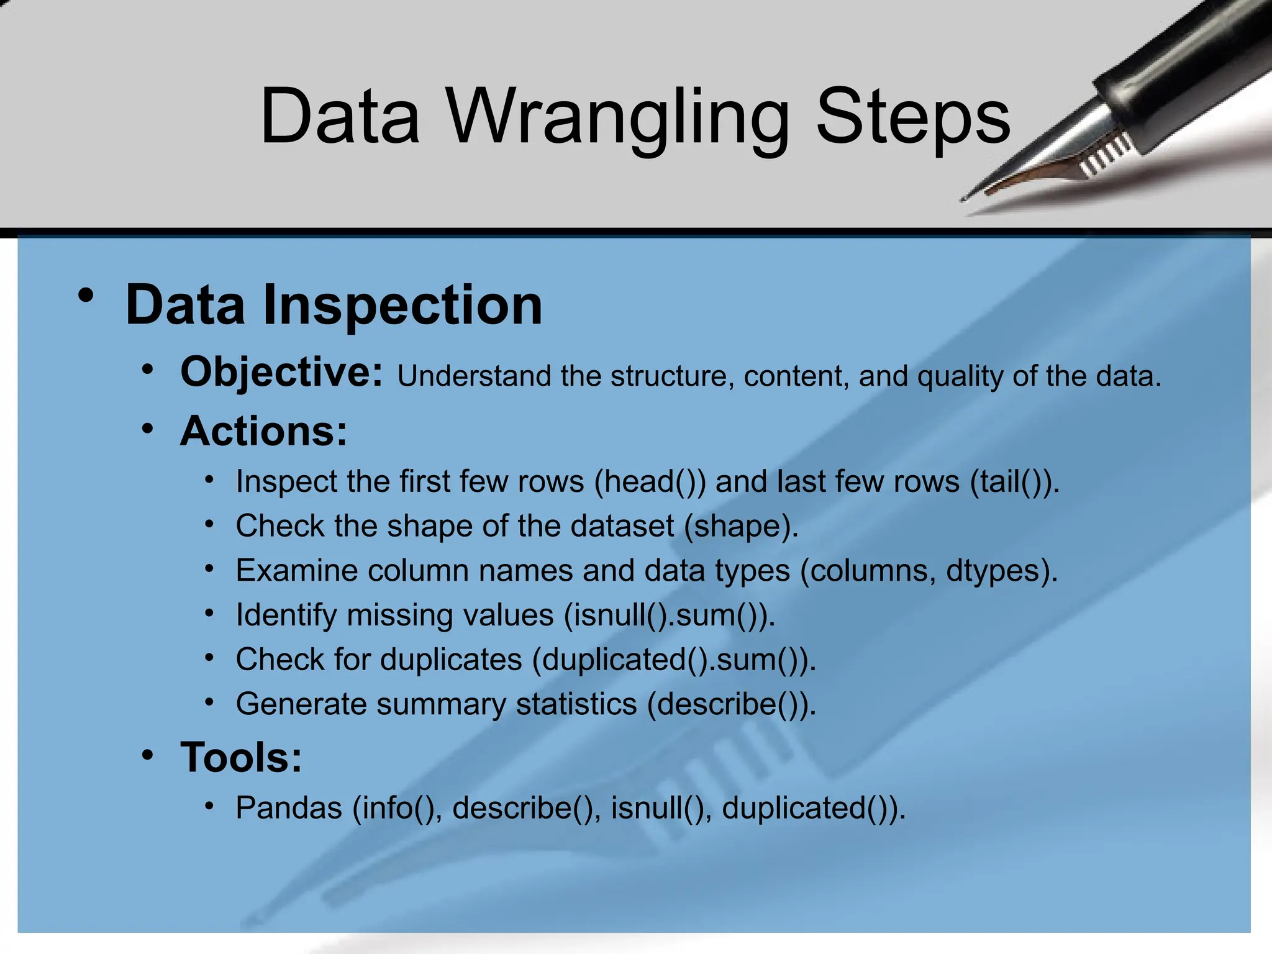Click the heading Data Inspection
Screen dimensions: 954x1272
pos(334,305)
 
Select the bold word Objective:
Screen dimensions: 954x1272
pos(281,372)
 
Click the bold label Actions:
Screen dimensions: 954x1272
pos(263,431)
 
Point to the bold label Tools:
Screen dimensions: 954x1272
pos(241,758)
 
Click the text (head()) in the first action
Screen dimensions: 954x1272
pos(650,482)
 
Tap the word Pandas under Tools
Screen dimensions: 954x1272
pos(289,808)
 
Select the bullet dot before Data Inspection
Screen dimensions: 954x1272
pos(86,296)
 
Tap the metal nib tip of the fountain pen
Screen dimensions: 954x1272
pos(969,198)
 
